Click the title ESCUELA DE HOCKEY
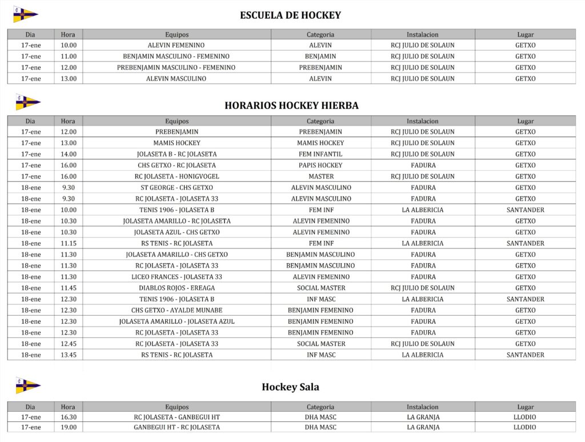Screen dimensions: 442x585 tap(290, 15)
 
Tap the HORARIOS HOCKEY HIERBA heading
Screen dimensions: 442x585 tap(291, 105)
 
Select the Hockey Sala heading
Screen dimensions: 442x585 tap(290, 387)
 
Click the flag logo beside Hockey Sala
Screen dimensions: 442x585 tap(27, 385)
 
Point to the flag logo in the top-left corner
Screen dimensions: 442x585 tap(25, 14)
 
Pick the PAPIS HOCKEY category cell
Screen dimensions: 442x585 tap(320, 165)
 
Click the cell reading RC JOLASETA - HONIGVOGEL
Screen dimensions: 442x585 tap(177, 176)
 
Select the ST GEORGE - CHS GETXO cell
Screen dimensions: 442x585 tap(177, 187)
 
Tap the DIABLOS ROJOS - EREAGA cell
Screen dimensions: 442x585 tap(177, 288)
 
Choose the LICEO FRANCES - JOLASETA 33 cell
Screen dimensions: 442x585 tap(177, 277)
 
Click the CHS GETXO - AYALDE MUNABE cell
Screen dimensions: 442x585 tap(177, 310)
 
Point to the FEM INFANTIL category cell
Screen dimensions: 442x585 tap(320, 154)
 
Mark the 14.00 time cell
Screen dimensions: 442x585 tap(68, 154)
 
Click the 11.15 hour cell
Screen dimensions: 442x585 tap(68, 243)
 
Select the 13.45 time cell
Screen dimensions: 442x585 tap(68, 355)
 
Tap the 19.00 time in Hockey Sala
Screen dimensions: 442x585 tap(68, 427)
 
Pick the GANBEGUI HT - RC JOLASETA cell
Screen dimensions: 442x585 tap(177, 427)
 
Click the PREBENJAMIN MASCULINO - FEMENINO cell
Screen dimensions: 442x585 tap(176, 67)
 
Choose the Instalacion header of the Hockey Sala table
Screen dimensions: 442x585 tap(423, 407)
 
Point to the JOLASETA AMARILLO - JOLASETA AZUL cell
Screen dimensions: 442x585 tap(177, 322)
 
